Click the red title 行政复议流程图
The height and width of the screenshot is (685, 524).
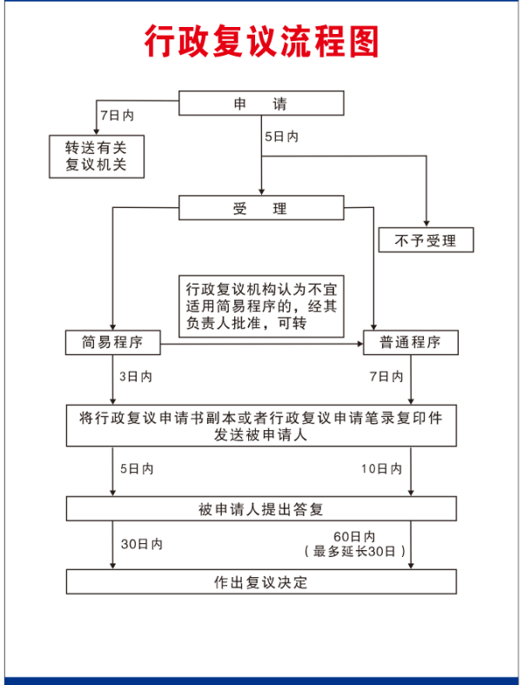(x=261, y=41)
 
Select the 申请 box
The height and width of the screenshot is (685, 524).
(x=261, y=103)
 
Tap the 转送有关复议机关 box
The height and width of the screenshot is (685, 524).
(x=97, y=157)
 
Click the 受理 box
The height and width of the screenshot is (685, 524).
(x=261, y=207)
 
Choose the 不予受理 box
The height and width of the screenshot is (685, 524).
(x=427, y=240)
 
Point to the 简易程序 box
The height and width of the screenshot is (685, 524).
(x=113, y=343)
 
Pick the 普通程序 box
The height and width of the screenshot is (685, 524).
(x=411, y=343)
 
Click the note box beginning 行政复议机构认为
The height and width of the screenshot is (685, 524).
(x=261, y=306)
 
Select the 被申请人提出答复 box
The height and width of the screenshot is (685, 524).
(x=261, y=508)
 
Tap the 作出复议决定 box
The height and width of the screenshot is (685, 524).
(x=261, y=581)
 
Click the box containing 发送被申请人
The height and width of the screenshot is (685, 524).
(x=261, y=426)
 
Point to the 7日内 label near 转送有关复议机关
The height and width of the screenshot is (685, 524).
(x=118, y=116)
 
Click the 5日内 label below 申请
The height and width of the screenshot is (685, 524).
(x=281, y=137)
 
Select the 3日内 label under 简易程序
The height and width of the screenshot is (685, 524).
(x=136, y=377)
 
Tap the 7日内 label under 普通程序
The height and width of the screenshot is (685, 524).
(x=386, y=377)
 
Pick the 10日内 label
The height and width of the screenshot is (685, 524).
(x=381, y=469)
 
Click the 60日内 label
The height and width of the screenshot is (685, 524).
(x=354, y=536)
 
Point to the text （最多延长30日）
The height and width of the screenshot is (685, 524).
(x=355, y=551)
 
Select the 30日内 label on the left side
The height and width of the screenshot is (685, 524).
(x=142, y=544)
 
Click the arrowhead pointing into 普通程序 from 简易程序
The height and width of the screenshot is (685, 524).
(x=360, y=344)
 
